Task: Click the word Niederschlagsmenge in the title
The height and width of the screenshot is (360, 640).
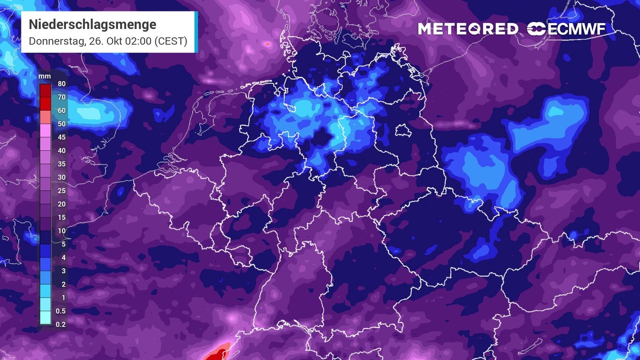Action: pyautogui.click(x=92, y=24)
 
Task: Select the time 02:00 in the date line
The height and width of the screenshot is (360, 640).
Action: pyautogui.click(x=139, y=41)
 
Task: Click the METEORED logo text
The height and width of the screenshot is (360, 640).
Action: pyautogui.click(x=468, y=29)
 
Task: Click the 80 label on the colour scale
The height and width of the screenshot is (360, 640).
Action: pyautogui.click(x=62, y=84)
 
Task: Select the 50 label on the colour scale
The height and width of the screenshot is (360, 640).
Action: pyautogui.click(x=62, y=124)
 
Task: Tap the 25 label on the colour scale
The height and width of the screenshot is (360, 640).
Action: pyautogui.click(x=62, y=190)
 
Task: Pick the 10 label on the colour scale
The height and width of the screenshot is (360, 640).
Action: pyautogui.click(x=62, y=230)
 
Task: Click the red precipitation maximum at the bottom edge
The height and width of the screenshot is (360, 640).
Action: pyautogui.click(x=216, y=354)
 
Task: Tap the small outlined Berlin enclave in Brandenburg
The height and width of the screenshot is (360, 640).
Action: pyautogui.click(x=402, y=131)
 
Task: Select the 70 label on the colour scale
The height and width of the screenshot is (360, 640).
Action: pyautogui.click(x=62, y=97)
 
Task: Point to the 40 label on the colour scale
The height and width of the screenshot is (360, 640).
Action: pyautogui.click(x=62, y=150)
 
